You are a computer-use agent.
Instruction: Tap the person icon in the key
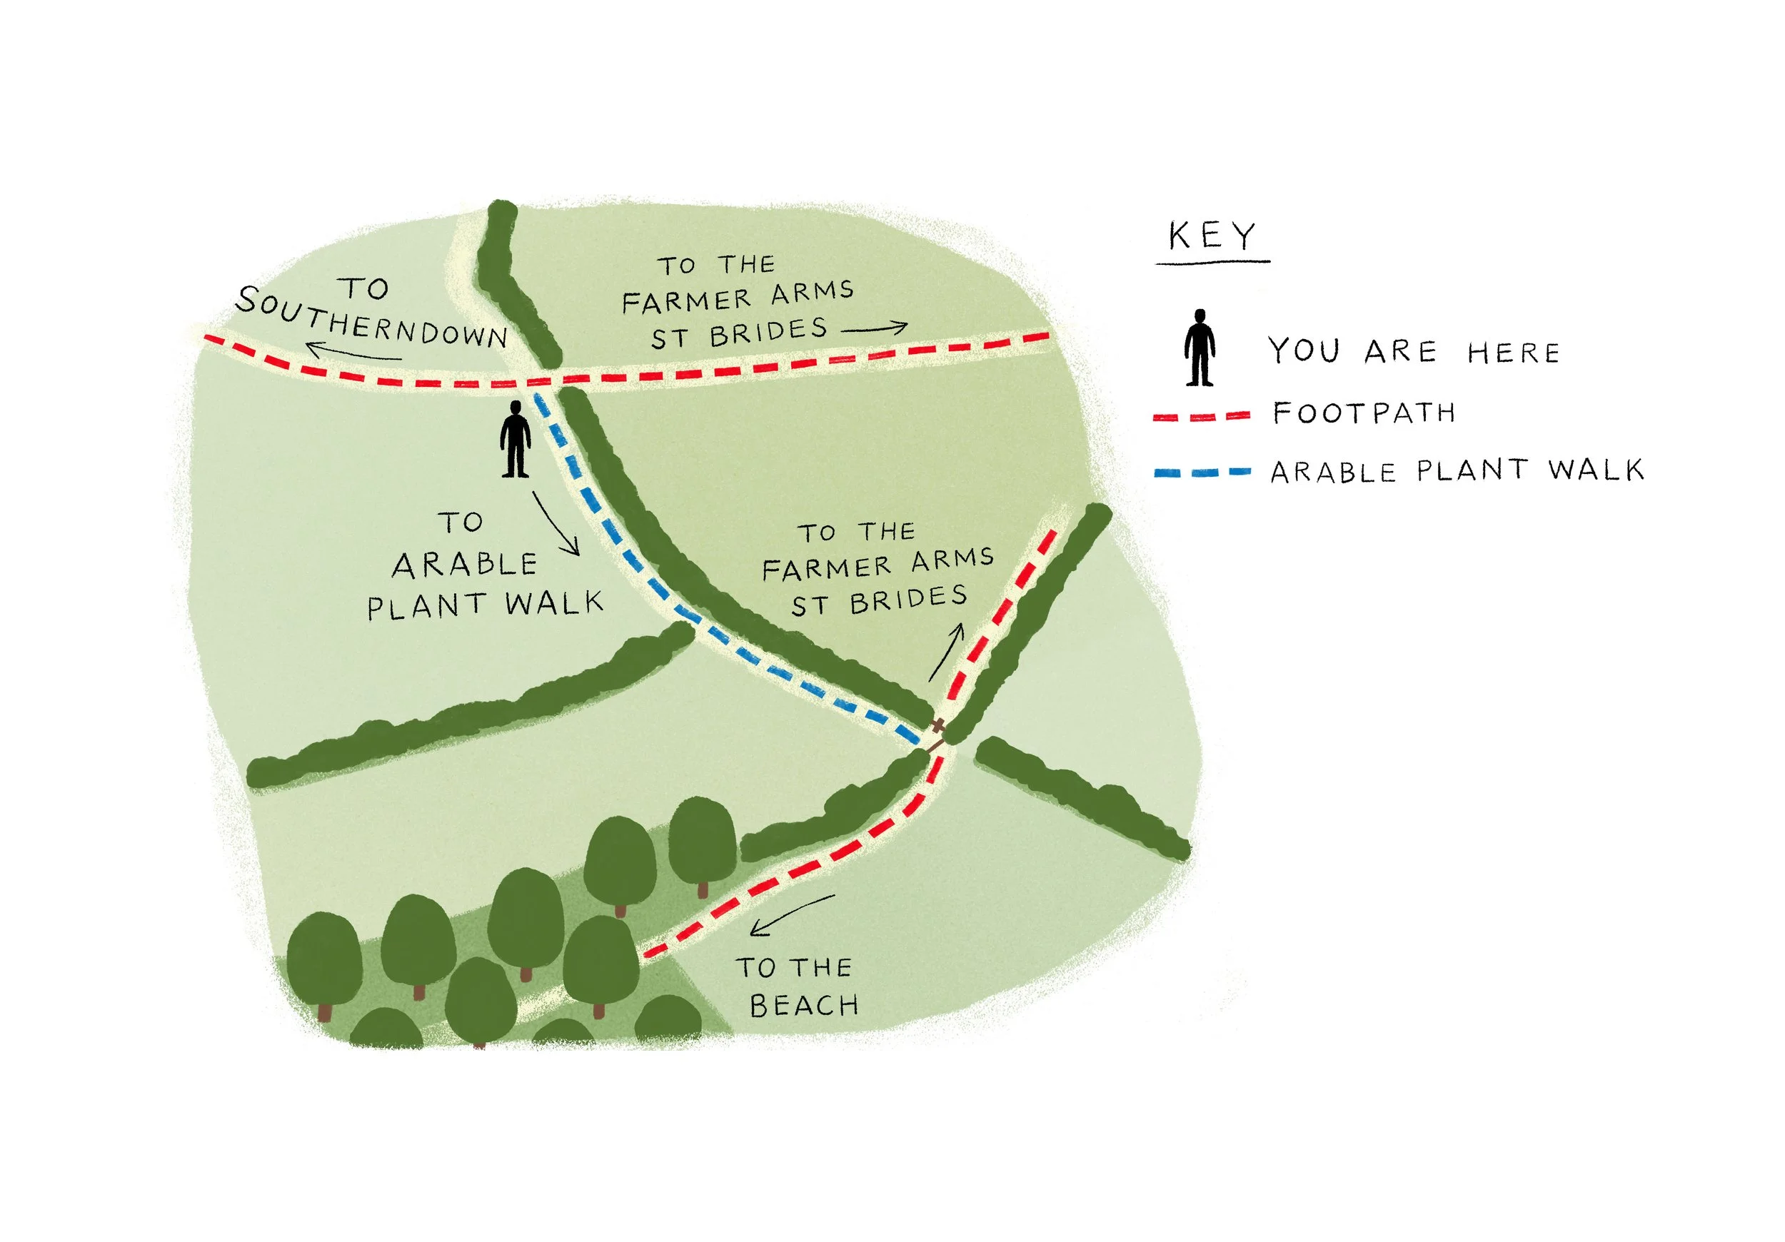point(1200,348)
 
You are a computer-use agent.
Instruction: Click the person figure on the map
point(515,439)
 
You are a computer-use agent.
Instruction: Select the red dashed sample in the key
point(1201,416)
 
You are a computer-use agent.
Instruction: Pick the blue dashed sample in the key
point(1202,472)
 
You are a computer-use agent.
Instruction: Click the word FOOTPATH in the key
point(1364,413)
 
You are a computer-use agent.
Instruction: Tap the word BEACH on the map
point(804,1006)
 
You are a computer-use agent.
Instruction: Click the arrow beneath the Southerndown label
point(353,353)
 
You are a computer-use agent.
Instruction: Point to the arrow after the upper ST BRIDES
point(875,329)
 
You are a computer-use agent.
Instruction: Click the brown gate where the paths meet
point(938,734)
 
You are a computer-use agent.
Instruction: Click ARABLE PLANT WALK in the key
point(1457,471)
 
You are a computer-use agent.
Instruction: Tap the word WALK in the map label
point(553,604)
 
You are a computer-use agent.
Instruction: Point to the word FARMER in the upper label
point(685,301)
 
